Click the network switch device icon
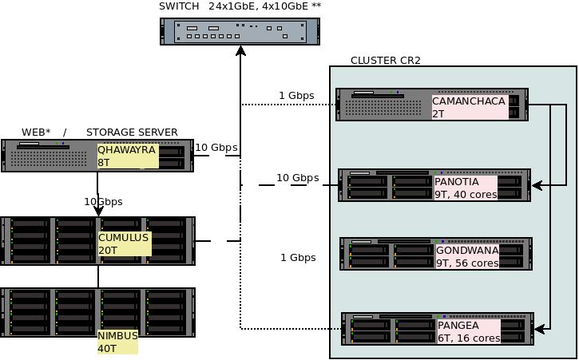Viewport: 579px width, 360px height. point(240,31)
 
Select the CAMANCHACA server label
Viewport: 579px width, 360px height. point(469,101)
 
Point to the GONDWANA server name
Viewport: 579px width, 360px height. point(467,251)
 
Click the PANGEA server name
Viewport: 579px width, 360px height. point(458,326)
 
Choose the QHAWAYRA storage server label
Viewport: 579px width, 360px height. point(126,149)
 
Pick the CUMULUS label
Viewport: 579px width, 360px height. point(123,238)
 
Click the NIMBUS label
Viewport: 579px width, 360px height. point(118,336)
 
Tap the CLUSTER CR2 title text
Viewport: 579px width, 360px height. point(386,61)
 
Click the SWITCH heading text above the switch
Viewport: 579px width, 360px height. point(179,6)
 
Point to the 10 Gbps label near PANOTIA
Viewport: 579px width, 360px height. point(297,178)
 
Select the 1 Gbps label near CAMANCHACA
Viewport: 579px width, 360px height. point(296,96)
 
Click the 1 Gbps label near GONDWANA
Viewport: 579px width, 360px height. point(298,258)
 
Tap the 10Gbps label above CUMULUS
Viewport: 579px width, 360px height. point(103,202)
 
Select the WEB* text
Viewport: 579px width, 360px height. point(36,133)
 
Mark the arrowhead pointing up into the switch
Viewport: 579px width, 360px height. point(240,51)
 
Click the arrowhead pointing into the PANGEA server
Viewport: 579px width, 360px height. point(539,328)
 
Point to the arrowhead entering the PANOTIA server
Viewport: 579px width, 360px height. point(537,185)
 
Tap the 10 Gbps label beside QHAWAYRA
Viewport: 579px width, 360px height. point(216,148)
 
